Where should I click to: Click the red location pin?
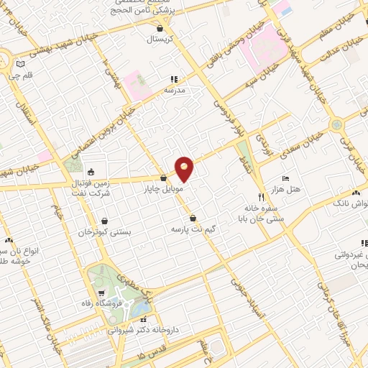coord(185,169)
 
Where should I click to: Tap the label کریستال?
coord(162,39)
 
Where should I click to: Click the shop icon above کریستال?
coord(160,28)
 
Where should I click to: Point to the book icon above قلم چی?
coord(19,64)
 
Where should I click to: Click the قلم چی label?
coord(24,74)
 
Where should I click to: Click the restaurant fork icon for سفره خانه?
coord(261,196)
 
